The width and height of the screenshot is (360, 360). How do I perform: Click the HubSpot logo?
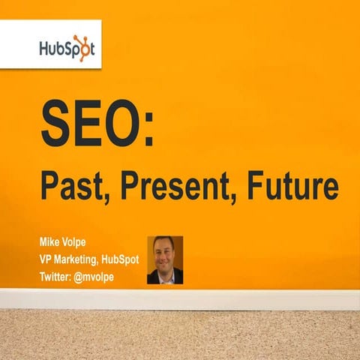pyautogui.click(x=67, y=50)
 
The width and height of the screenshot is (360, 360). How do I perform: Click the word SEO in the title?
pyautogui.click(x=93, y=124)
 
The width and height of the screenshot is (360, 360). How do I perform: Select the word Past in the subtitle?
pyautogui.click(x=67, y=186)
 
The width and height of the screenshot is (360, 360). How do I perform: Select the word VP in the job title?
pyautogui.click(x=47, y=259)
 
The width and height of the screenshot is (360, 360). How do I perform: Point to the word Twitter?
pyautogui.click(x=58, y=275)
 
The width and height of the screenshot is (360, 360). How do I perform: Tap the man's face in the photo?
pyautogui.click(x=164, y=254)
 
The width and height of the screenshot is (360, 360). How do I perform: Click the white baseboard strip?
pyautogui.click(x=180, y=298)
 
